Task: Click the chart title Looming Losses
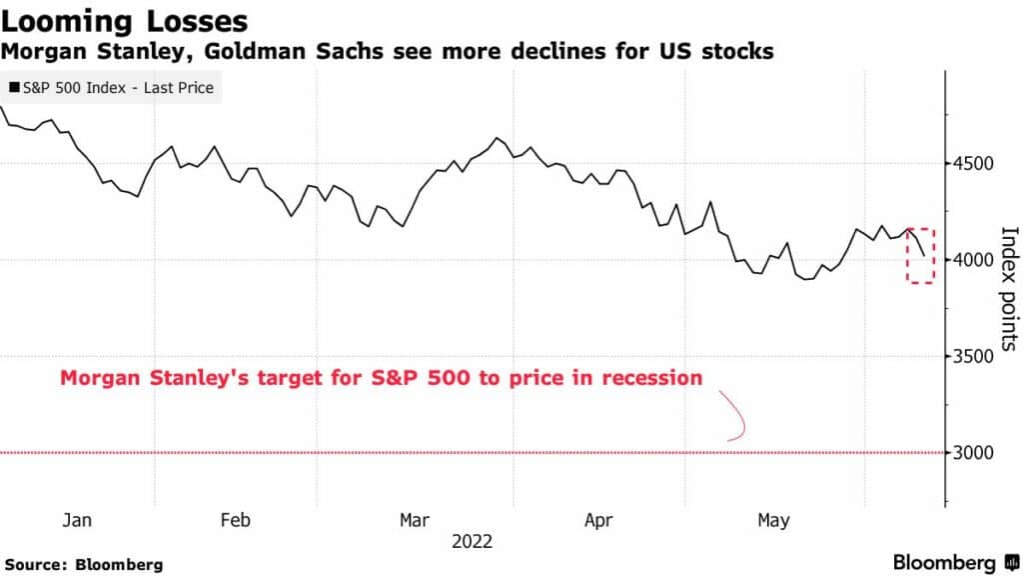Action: (126, 20)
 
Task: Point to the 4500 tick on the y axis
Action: (976, 164)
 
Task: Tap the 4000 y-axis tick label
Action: (976, 260)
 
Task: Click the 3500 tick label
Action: (976, 357)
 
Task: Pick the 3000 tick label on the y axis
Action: (976, 453)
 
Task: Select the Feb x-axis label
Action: (234, 520)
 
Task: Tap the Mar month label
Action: (415, 520)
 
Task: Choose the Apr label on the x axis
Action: (598, 520)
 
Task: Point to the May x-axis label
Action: (773, 520)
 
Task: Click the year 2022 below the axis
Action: (473, 542)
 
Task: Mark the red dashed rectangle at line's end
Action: (921, 255)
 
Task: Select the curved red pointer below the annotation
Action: (737, 417)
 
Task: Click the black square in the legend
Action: (13, 88)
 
